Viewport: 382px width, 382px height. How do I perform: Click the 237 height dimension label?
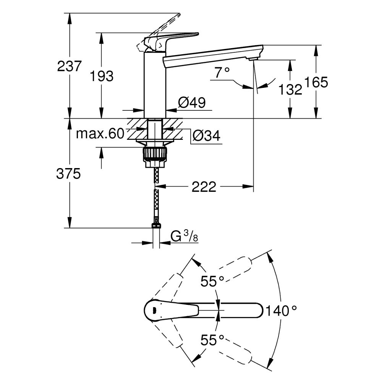point(69,66)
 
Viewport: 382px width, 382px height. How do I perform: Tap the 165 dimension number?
point(316,82)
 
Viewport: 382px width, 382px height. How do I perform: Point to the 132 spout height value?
point(290,89)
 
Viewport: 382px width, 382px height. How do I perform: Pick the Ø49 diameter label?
point(192,102)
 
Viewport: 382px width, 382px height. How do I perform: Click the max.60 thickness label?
point(100,134)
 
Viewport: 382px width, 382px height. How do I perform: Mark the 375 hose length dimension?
point(69,174)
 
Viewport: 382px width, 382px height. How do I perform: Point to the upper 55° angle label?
point(212,282)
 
